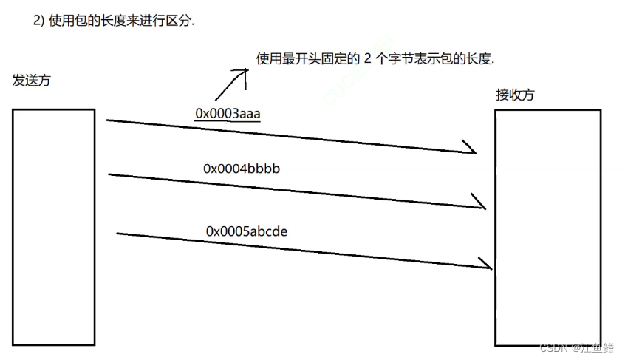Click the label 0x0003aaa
(228, 113)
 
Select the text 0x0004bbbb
(242, 169)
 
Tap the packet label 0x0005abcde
(246, 231)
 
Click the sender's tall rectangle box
(53, 226)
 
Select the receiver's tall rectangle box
(547, 226)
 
